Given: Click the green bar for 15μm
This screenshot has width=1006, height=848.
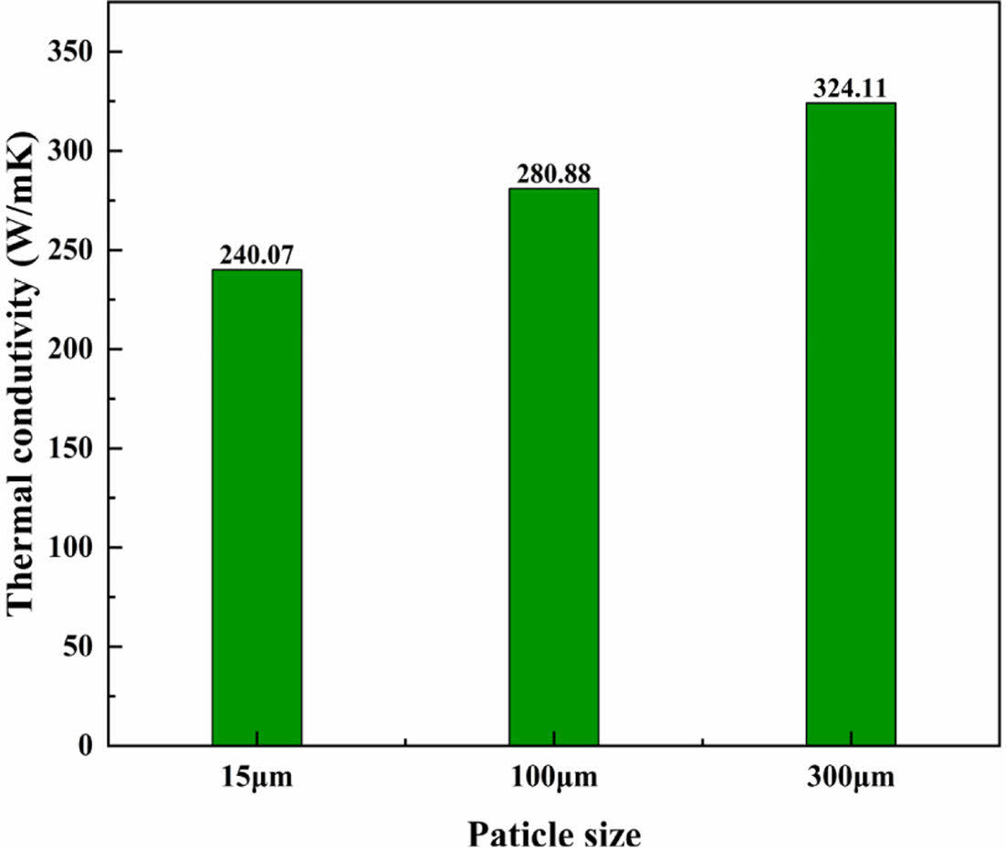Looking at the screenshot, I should tap(257, 508).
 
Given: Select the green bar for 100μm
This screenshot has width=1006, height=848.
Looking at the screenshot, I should tap(553, 467).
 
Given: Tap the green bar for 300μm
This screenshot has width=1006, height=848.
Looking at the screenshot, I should tap(850, 424).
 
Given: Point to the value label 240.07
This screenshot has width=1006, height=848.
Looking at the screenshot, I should tap(257, 256).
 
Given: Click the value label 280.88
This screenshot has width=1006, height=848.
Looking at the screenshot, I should tap(553, 174).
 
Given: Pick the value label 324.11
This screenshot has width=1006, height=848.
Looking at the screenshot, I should tap(850, 89).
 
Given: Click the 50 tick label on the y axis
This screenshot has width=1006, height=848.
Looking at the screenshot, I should tap(79, 647).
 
